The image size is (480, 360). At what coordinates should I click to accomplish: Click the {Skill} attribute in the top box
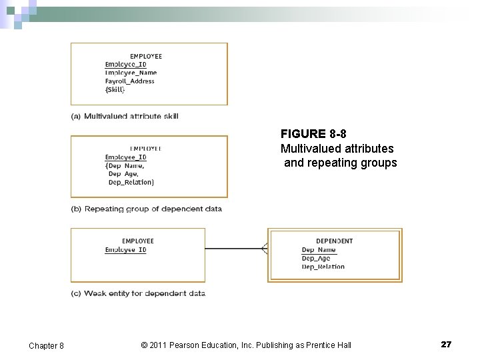pos(115,89)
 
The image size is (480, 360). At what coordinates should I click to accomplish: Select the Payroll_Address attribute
pos(129,81)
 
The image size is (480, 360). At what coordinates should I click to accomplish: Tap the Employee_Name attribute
pos(131,73)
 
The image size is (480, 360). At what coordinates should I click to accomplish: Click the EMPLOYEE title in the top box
pos(145,57)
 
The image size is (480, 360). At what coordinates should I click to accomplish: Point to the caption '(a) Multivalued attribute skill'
pos(125,116)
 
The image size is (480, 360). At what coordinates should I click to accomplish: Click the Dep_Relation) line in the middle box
pos(131,182)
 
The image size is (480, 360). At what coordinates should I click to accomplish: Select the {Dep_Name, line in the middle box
pos(125,165)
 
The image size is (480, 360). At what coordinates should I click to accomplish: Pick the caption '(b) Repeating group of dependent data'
pos(147,209)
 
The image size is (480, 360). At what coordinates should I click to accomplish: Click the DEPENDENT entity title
pos(334,241)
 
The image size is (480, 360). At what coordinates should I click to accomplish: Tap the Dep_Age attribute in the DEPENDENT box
pos(316,259)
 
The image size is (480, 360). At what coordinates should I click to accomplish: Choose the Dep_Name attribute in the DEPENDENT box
pos(319,250)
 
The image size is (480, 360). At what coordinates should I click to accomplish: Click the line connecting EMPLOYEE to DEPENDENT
pos(233,249)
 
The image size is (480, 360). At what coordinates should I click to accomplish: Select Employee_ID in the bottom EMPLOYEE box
pos(125,250)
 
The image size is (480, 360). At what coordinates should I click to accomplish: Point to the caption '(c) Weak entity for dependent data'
pos(138,293)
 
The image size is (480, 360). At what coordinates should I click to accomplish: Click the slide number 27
pos(446,344)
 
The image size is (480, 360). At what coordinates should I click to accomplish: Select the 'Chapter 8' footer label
pos(46,345)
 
